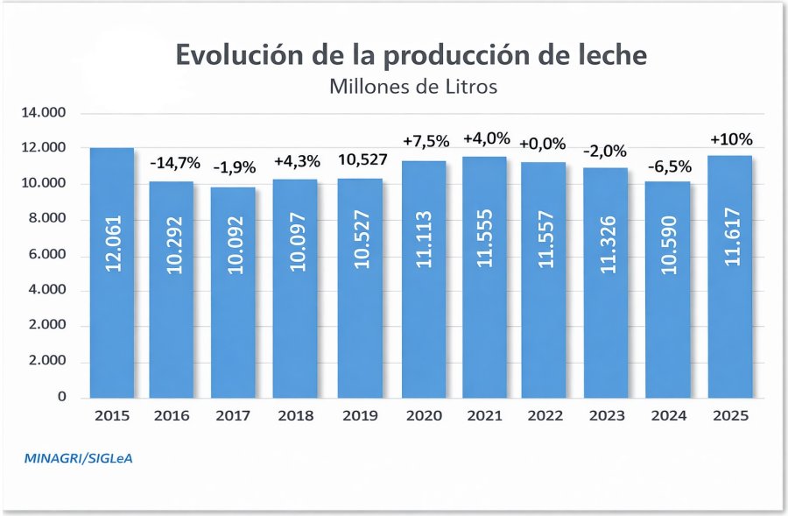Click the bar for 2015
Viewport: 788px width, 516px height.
point(112,272)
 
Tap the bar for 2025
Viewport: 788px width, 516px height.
point(730,277)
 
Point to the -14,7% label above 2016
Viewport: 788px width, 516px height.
point(175,162)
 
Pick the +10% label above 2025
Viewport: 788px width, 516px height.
point(731,139)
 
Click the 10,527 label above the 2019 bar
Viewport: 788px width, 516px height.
point(361,160)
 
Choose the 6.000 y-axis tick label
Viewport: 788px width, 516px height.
point(50,255)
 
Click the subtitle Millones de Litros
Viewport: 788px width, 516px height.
point(413,87)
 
